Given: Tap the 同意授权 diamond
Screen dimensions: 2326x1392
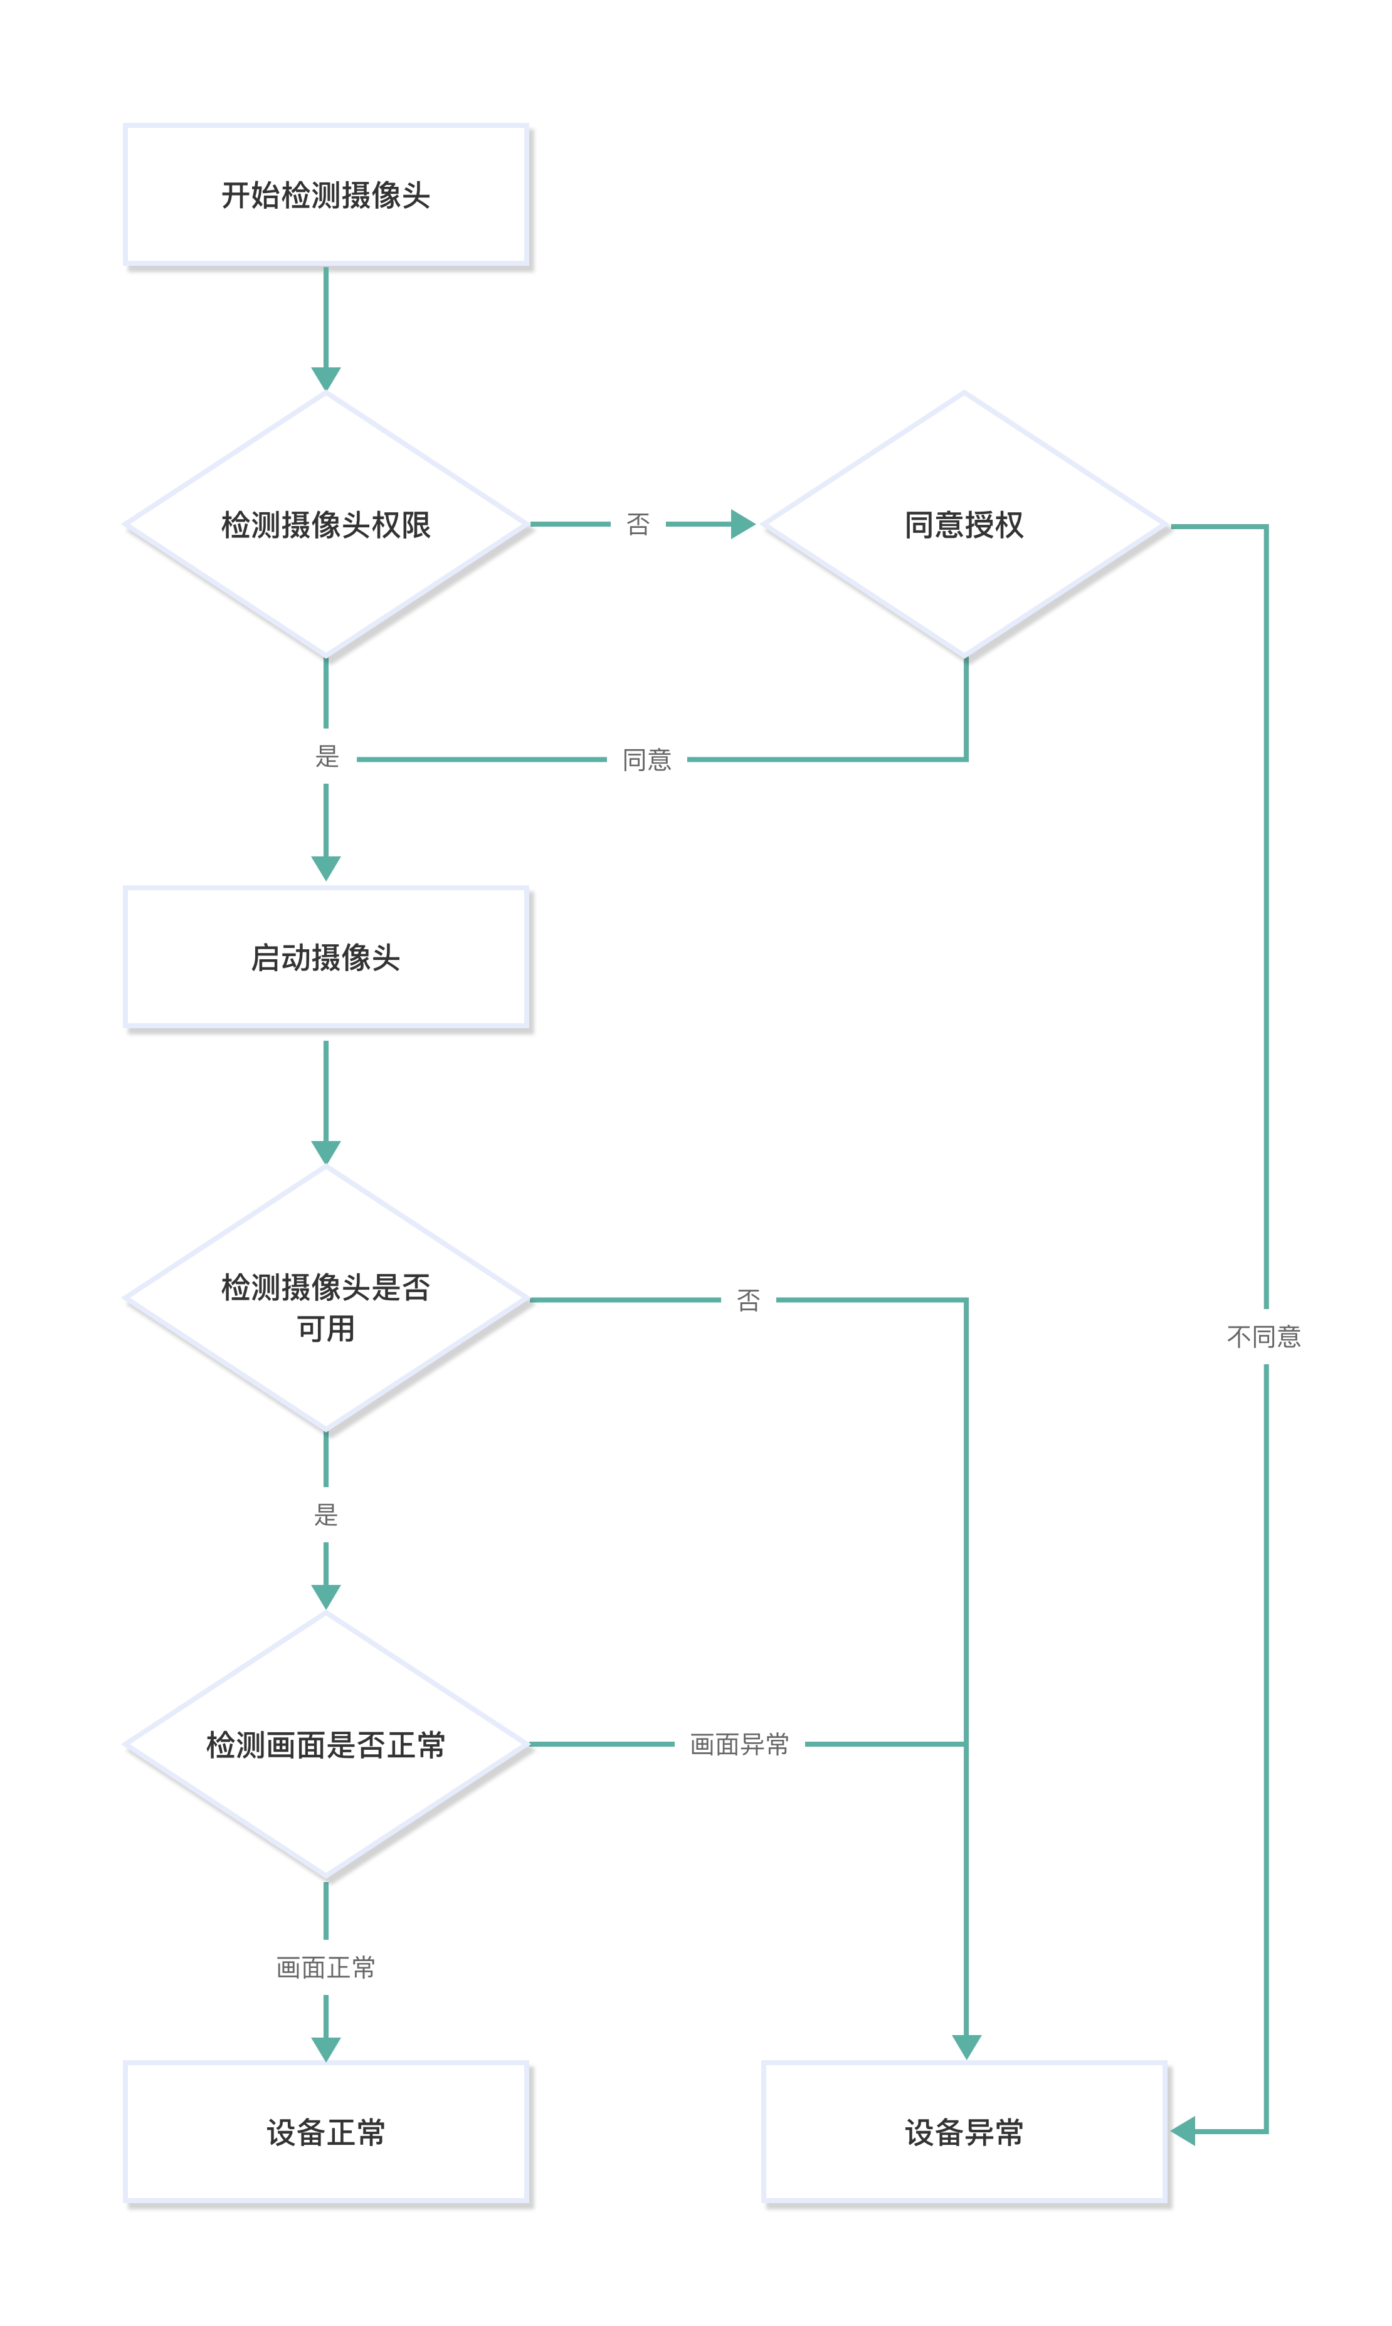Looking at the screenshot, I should (x=964, y=524).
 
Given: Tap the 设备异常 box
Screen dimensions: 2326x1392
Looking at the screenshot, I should (x=964, y=2132).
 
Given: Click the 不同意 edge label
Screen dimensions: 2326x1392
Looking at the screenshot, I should (x=1265, y=1337).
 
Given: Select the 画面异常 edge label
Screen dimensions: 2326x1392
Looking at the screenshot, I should (x=739, y=1744).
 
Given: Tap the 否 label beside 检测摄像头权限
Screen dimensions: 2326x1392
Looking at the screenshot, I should (x=638, y=524).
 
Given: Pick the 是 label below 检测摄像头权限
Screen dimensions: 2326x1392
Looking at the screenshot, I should (x=327, y=757).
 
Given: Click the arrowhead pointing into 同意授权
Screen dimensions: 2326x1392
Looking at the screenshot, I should (x=743, y=524).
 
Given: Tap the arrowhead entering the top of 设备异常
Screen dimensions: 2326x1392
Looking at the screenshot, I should (x=966, y=2046).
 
